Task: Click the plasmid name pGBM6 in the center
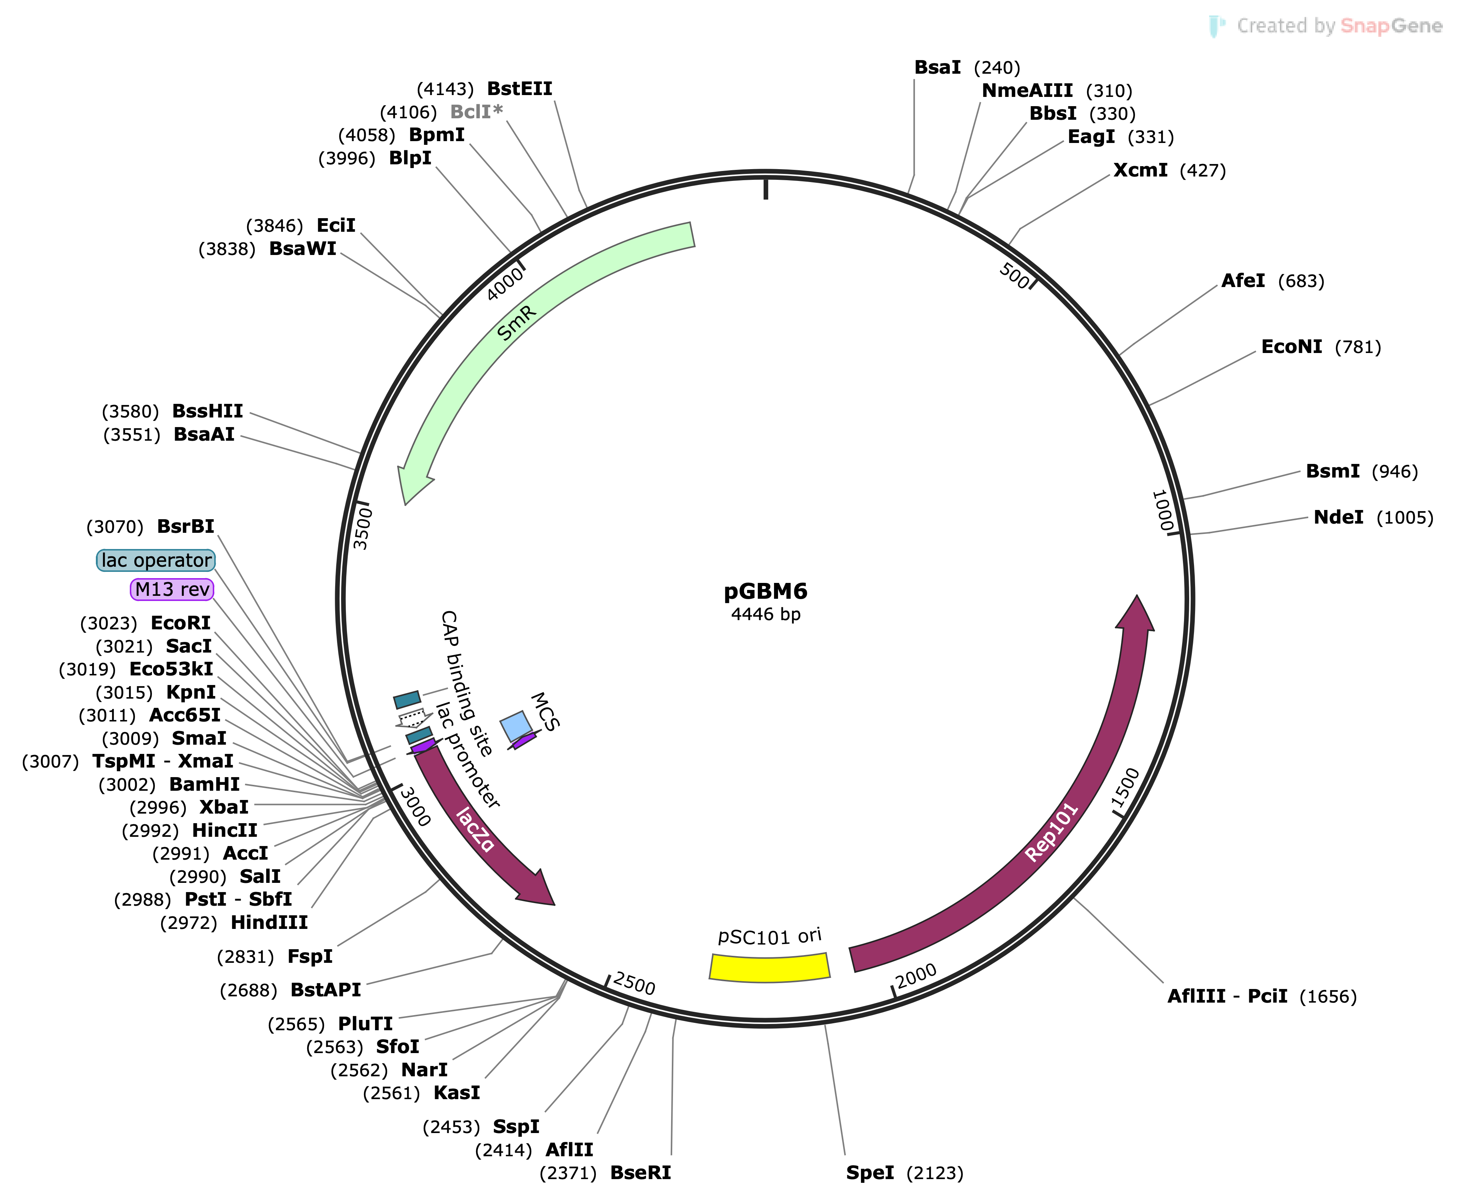[x=765, y=591]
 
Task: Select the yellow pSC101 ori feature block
[x=769, y=967]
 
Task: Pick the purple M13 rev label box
[x=172, y=589]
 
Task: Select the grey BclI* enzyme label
[x=476, y=112]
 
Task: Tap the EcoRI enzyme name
[x=180, y=623]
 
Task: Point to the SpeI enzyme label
[x=870, y=1173]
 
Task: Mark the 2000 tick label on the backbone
[x=916, y=976]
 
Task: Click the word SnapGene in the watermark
[x=1391, y=26]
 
